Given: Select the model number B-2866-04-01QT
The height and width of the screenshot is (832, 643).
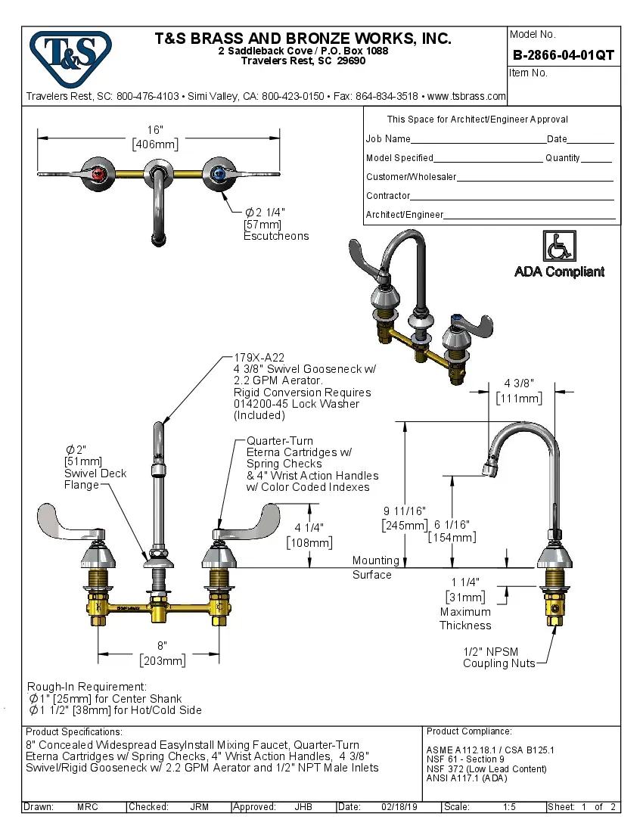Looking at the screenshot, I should click(x=563, y=54).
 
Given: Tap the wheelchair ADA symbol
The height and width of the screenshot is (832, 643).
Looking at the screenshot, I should click(x=559, y=247).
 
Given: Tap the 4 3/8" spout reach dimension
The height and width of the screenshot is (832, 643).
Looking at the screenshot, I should click(x=518, y=383).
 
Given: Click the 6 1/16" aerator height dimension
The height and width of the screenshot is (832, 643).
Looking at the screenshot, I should click(x=452, y=524).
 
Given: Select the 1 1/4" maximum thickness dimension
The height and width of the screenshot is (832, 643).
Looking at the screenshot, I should click(x=465, y=582).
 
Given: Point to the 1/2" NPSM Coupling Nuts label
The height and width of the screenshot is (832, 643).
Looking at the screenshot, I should click(x=499, y=657).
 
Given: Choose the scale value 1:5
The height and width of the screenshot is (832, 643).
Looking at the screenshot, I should click(x=509, y=807).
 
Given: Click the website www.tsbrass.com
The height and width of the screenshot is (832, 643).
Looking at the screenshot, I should click(x=466, y=96).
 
